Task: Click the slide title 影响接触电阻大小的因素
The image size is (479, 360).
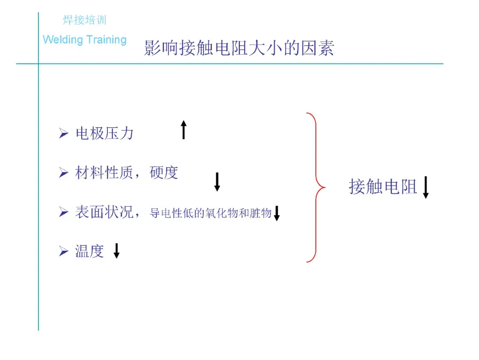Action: pos(239,48)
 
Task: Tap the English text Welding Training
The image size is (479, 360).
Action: pos(85,40)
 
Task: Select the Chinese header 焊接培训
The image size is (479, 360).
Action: pos(84,20)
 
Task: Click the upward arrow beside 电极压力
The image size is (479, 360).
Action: pos(184,130)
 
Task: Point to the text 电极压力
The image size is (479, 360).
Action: pos(105,133)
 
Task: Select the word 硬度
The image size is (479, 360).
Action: pos(164,172)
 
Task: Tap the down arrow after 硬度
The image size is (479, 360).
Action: pos(217,182)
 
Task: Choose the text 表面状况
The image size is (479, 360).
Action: pos(104,212)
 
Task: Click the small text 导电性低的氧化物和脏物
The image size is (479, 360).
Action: pos(211,214)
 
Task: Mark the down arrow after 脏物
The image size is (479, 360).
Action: pos(277,213)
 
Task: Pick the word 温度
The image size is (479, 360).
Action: pos(90,251)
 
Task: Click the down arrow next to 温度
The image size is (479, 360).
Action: pos(117,250)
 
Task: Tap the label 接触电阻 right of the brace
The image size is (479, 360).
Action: pos(383,187)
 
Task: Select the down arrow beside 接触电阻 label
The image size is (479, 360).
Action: pos(426,187)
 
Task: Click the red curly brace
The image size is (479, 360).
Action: pos(316,187)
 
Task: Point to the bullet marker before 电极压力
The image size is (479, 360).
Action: pos(63,133)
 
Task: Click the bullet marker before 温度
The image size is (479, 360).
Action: pos(63,252)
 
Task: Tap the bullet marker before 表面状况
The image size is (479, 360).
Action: pos(63,213)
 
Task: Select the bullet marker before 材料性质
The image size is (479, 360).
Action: pos(63,173)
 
